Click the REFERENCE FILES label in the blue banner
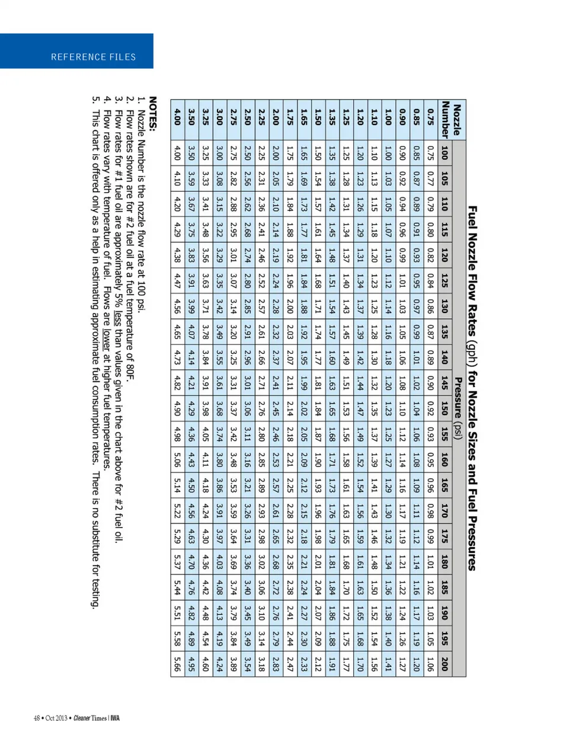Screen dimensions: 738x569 [x=93, y=57]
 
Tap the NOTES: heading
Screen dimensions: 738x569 [x=152, y=114]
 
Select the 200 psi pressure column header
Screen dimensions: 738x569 [x=445, y=663]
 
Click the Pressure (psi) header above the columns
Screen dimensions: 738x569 [x=458, y=408]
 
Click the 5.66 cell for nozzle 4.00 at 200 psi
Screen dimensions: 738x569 [x=177, y=663]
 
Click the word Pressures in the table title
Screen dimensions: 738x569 [x=472, y=541]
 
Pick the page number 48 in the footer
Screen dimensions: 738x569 [x=37, y=718]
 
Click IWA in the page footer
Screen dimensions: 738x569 [x=115, y=718]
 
